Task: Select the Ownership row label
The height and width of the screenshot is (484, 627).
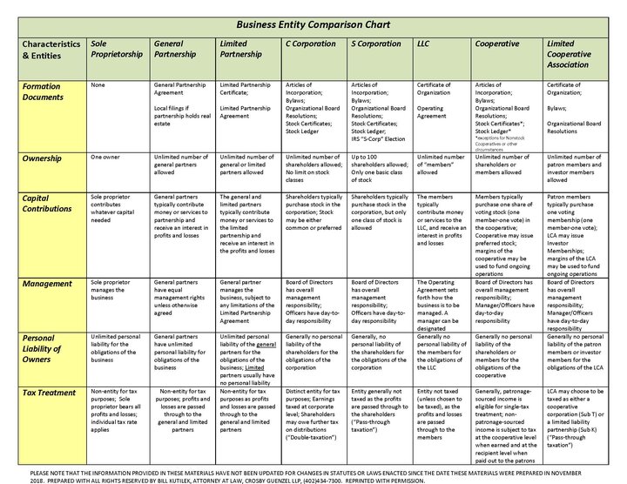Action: [x=42, y=158]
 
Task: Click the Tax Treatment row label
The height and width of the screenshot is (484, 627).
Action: [x=49, y=393]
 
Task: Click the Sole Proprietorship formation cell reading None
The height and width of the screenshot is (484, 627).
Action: [x=98, y=85]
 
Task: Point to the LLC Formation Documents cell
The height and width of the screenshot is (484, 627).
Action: [x=439, y=100]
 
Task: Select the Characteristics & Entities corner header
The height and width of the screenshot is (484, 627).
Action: [x=51, y=49]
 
